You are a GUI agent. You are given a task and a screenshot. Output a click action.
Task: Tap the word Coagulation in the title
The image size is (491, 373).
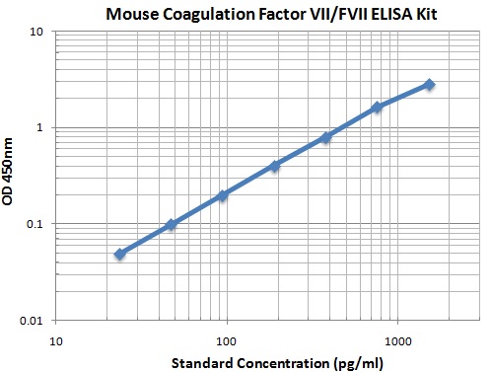pyautogui.click(x=213, y=13)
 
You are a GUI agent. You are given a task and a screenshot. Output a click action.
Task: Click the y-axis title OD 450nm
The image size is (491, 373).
pyautogui.click(x=11, y=175)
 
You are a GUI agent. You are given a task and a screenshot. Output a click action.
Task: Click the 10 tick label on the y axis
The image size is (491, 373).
pyautogui.click(x=38, y=32)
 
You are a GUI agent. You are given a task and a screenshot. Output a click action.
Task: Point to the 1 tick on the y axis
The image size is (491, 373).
pyautogui.click(x=42, y=127)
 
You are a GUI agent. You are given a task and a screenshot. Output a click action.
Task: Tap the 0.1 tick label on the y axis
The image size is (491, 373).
pyautogui.click(x=36, y=224)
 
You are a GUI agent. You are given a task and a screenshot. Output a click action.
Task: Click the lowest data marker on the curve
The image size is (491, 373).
pyautogui.click(x=120, y=254)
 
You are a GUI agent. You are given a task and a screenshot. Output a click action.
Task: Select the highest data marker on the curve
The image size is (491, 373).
pyautogui.click(x=429, y=85)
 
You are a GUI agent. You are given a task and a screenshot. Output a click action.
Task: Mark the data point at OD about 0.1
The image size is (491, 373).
pyautogui.click(x=172, y=225)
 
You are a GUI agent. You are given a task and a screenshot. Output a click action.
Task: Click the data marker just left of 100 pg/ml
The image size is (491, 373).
pyautogui.click(x=223, y=195)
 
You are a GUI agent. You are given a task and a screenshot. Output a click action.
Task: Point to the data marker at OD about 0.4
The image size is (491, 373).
pyautogui.click(x=274, y=166)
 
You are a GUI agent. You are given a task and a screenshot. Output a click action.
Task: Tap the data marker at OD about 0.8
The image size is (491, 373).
pyautogui.click(x=325, y=137)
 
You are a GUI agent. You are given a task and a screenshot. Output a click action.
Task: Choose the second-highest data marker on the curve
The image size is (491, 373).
pyautogui.click(x=377, y=107)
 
